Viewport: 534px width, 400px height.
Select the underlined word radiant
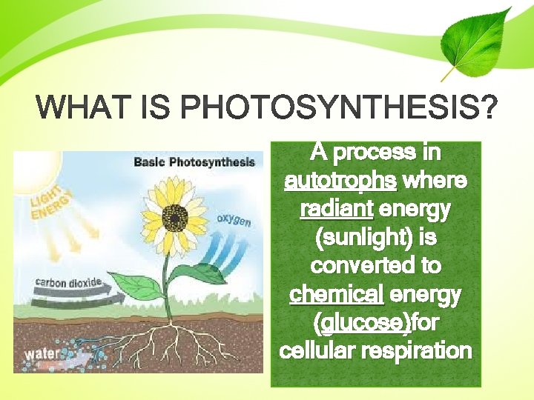coord(336,210)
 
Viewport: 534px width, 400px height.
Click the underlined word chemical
coord(336,295)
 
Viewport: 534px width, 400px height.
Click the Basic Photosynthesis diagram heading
coord(194,161)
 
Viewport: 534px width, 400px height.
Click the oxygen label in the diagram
coord(234,220)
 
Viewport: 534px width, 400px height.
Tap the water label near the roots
coord(40,354)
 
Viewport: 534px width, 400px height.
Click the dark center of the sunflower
coord(176,217)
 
